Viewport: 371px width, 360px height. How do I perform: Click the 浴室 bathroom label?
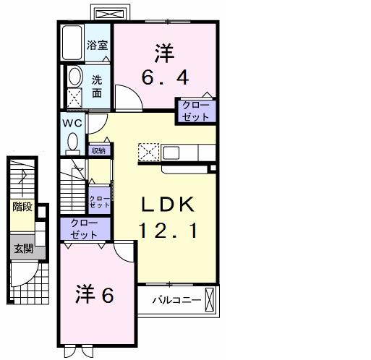click(x=97, y=44)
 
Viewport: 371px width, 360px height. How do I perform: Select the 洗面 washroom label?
click(x=97, y=86)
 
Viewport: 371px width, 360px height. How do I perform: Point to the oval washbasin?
click(x=74, y=77)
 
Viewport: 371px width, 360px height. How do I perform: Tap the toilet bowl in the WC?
click(x=72, y=142)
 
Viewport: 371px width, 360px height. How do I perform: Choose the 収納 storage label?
click(x=98, y=150)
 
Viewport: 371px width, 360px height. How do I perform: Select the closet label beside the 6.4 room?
click(x=195, y=111)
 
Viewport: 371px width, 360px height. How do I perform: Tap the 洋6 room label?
click(x=95, y=296)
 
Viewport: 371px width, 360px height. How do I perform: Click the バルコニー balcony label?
click(x=175, y=299)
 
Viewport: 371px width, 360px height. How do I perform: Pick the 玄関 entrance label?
click(x=22, y=249)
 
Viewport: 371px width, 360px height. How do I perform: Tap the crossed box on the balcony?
click(x=210, y=299)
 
